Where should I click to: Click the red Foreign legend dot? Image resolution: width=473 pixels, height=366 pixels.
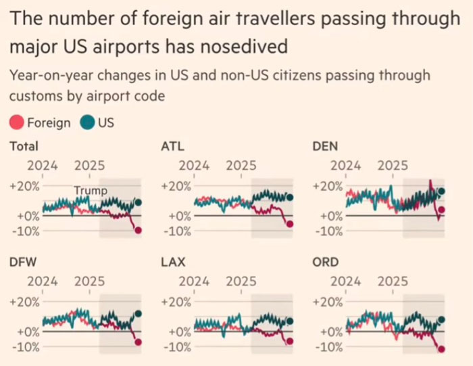(17, 123)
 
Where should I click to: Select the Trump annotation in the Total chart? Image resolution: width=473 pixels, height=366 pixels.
(90, 191)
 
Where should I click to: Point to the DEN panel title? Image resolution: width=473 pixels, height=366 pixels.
(326, 146)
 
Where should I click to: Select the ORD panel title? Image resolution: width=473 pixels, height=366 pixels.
(326, 262)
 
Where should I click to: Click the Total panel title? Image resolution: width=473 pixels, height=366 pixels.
(24, 146)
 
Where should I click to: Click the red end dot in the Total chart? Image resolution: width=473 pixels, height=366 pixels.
(139, 231)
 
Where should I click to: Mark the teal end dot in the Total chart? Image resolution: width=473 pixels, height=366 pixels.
(138, 202)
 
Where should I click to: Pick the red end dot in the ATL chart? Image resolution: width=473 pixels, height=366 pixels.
(290, 224)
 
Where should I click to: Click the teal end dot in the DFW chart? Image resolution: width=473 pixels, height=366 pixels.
(139, 314)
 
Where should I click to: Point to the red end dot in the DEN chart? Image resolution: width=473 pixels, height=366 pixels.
(442, 210)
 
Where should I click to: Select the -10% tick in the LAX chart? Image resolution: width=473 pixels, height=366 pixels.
(175, 347)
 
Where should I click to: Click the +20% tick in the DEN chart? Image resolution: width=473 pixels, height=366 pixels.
(327, 186)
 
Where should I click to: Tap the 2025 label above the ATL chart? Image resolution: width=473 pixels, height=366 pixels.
(241, 165)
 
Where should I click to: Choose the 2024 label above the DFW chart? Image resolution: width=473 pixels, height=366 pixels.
(42, 281)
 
